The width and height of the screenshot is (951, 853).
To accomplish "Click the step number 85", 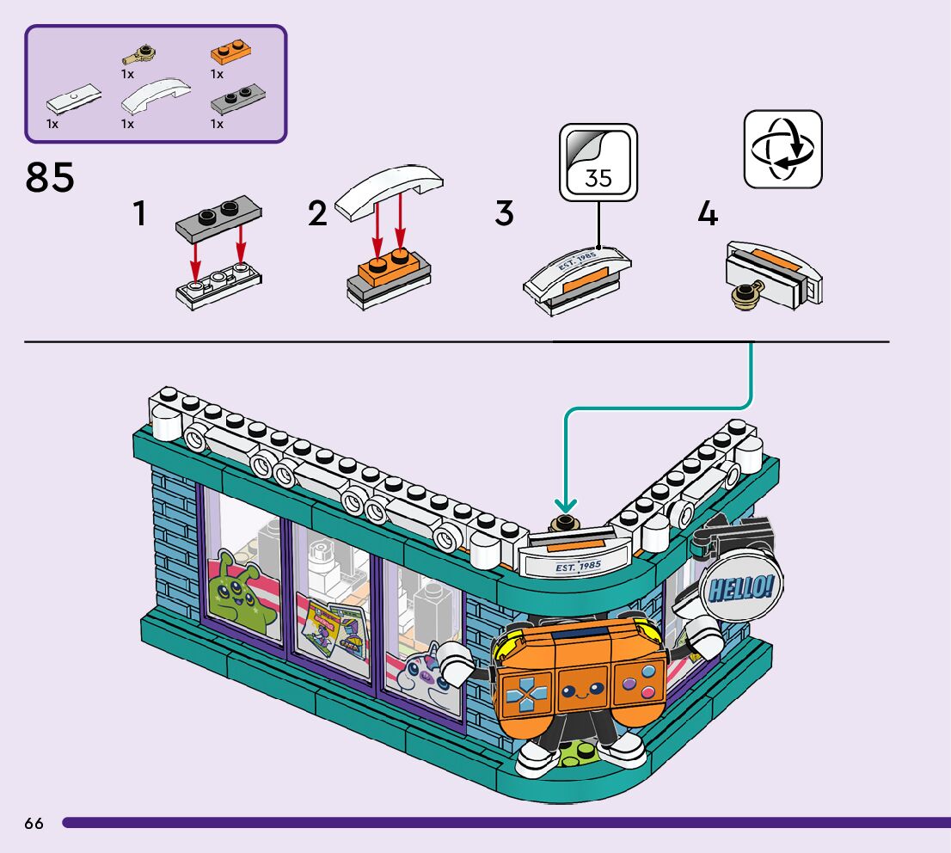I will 50,178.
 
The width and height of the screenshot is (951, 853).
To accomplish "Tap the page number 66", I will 34,824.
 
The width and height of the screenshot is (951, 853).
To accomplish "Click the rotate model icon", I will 782,149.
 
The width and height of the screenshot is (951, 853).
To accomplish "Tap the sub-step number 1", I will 139,215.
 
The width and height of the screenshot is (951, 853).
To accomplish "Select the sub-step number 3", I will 504,214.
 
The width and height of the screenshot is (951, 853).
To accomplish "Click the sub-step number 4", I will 707,214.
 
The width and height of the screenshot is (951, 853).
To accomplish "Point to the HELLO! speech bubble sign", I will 740,586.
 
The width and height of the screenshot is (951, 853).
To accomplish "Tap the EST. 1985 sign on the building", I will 577,567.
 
